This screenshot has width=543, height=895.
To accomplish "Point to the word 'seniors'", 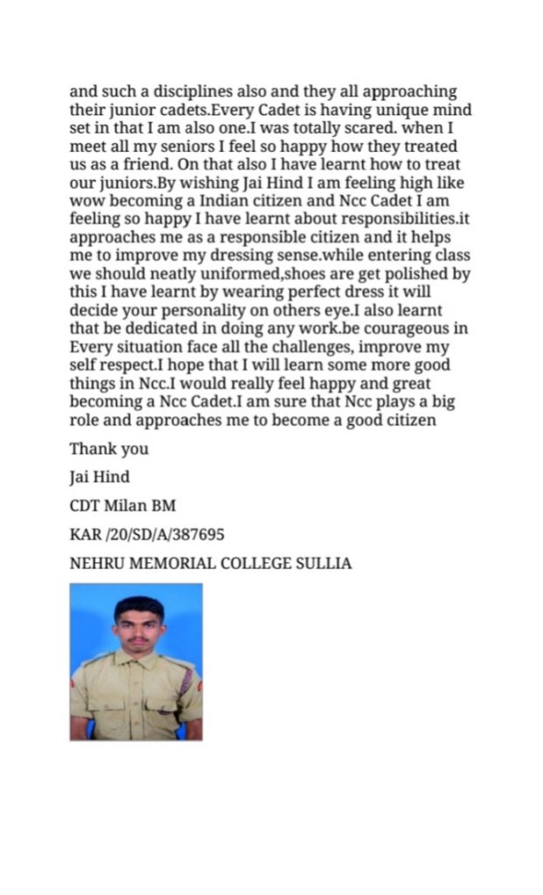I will coord(160,147).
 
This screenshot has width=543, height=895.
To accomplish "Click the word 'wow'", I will coord(87,201).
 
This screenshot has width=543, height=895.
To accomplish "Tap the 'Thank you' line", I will coord(109,449).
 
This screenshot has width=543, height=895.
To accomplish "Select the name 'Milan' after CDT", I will coord(129,506).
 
